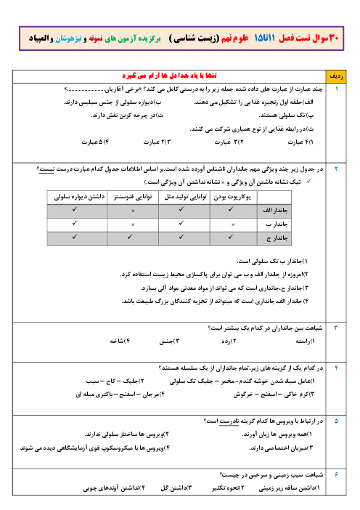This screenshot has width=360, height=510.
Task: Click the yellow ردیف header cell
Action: tap(336, 76)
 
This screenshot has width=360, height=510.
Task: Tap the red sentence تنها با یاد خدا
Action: tap(169, 76)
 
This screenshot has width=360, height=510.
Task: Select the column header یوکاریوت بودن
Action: tap(233, 197)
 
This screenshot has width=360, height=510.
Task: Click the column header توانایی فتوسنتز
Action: tap(133, 197)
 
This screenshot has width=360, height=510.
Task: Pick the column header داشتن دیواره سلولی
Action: tap(79, 197)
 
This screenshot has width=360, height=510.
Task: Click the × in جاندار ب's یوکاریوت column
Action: tap(233, 224)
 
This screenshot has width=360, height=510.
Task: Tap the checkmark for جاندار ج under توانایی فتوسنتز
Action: tap(130, 237)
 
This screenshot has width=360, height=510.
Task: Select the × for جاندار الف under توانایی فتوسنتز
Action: tap(133, 211)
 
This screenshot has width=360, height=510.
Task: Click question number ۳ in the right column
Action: tap(336, 328)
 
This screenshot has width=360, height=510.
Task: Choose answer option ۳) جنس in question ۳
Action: tap(169, 341)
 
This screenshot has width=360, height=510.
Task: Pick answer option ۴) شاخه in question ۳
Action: tap(120, 341)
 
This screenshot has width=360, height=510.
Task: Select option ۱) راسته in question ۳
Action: tap(305, 341)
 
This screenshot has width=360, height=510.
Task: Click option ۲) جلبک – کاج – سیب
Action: tap(115, 381)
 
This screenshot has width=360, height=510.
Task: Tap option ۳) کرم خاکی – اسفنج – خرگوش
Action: tap(274, 394)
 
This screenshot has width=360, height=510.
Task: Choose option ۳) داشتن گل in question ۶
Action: tap(176, 488)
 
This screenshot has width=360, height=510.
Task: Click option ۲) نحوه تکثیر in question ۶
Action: tap(228, 488)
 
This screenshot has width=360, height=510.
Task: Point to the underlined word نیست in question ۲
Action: tap(46, 169)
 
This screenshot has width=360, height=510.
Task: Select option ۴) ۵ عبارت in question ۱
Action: tap(95, 142)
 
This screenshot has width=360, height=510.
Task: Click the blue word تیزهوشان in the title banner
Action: tap(68, 39)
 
